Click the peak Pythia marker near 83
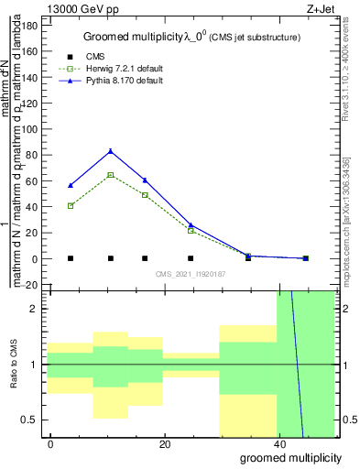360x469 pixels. pyautogui.click(x=111, y=151)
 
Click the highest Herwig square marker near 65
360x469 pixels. pyautogui.click(x=111, y=175)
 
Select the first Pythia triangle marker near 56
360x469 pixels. pyautogui.click(x=71, y=186)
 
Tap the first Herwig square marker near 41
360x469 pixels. pyautogui.click(x=71, y=206)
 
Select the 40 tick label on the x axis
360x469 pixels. pyautogui.click(x=278, y=444)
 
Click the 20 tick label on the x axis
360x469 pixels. pyautogui.click(x=164, y=444)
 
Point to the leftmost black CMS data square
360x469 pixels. pyautogui.click(x=71, y=258)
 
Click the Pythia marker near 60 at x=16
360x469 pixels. pyautogui.click(x=145, y=180)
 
